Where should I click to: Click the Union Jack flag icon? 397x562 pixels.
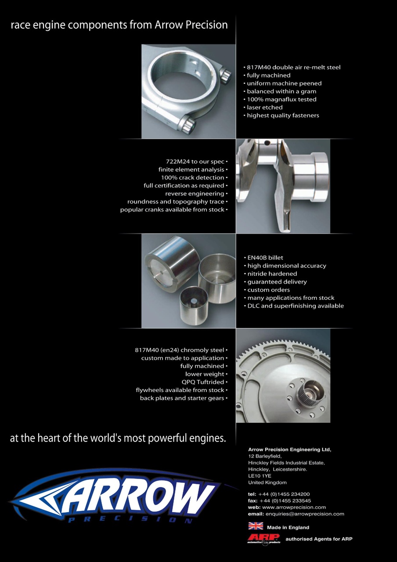click(256, 526)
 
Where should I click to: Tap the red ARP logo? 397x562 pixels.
click(263, 538)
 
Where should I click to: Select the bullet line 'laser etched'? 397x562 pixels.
click(264, 107)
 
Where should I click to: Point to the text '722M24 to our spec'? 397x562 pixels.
click(194, 162)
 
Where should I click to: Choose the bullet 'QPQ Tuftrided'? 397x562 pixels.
click(205, 382)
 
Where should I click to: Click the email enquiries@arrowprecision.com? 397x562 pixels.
click(305, 514)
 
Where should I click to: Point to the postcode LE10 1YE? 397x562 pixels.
click(260, 476)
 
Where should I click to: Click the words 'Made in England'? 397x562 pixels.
click(288, 527)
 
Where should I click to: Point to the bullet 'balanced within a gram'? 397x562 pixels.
click(281, 91)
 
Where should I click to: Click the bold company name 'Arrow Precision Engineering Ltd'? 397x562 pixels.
click(289, 450)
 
